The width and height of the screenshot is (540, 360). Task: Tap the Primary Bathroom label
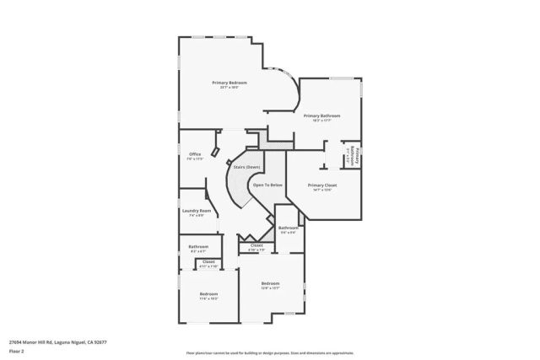322,116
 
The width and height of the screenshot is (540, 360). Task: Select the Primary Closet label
322,185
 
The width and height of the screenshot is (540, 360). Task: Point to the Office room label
195,154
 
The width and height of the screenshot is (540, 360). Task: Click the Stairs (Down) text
246,168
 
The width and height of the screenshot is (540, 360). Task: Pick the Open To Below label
268,185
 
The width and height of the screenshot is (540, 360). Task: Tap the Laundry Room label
196,211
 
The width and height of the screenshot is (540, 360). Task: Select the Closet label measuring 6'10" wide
256,245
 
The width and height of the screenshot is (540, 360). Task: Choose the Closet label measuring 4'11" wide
208,262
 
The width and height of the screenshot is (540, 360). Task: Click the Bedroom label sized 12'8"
270,282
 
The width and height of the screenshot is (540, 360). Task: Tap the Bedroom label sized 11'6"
208,294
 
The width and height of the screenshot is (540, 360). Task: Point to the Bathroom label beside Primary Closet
289,228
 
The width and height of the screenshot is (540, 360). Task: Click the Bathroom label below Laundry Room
198,247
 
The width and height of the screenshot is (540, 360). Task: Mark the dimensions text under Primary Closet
322,190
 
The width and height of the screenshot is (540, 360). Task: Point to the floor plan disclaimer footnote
269,352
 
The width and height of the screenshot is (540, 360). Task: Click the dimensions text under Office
195,159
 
